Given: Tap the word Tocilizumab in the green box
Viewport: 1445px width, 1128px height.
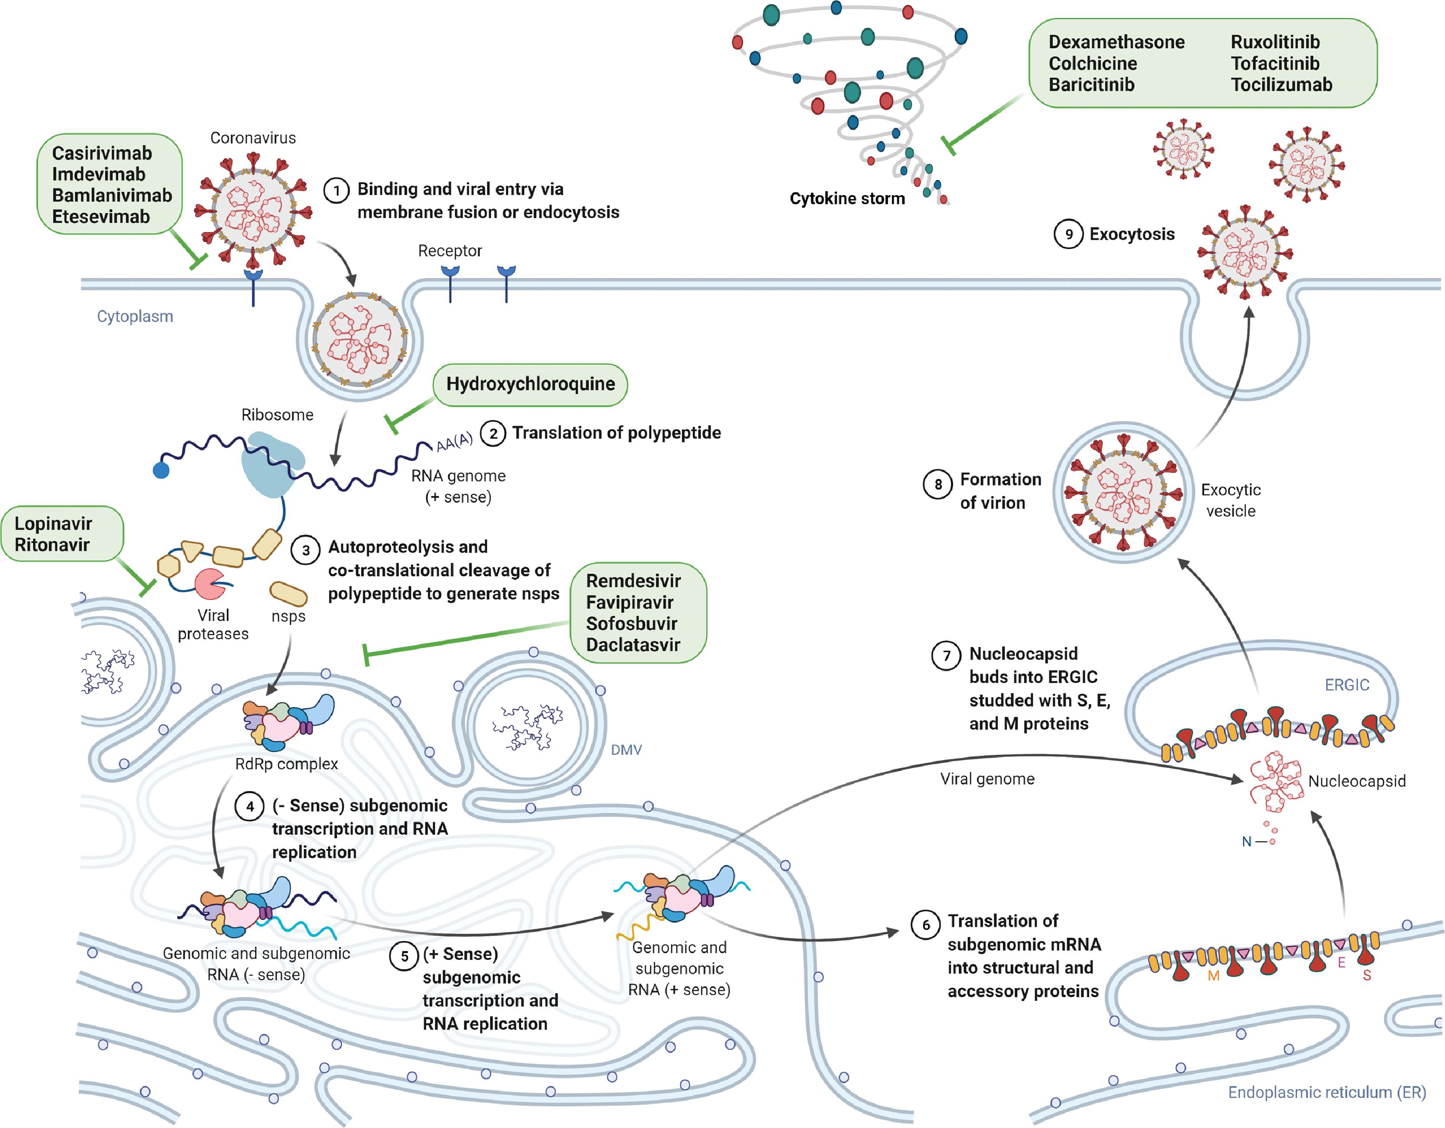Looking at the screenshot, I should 1281,85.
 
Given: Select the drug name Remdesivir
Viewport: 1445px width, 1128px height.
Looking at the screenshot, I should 633,581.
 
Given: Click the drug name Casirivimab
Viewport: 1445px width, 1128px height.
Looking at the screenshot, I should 102,153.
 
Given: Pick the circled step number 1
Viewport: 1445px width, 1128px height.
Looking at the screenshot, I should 336,191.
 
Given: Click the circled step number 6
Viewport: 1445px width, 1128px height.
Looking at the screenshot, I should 926,925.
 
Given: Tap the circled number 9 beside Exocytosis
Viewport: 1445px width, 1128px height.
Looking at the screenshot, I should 1068,234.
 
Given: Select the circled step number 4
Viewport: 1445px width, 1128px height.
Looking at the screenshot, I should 249,806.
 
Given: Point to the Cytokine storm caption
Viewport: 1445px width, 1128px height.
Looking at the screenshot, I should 847,199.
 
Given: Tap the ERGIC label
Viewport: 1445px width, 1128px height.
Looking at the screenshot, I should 1347,685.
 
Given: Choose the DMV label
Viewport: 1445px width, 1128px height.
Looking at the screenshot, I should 626,750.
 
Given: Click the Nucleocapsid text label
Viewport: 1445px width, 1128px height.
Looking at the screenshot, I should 1357,781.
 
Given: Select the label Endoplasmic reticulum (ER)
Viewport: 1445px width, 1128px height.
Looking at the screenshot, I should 1327,1092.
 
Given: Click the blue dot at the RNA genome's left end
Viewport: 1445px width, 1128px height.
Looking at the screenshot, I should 161,470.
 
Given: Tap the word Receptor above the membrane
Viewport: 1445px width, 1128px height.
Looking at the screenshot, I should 450,251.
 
